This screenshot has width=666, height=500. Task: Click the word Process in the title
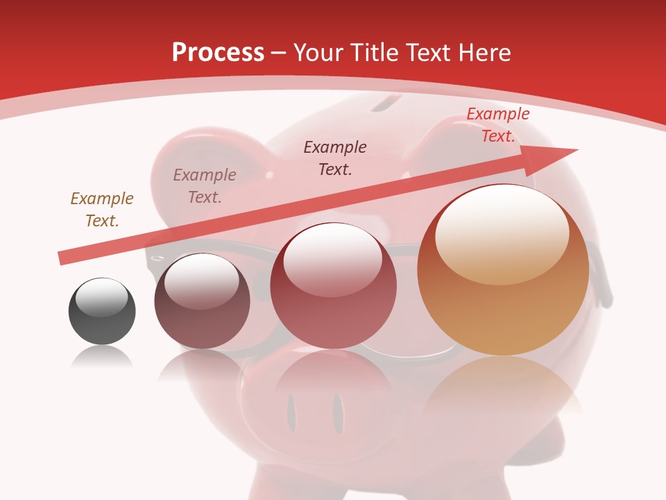pyautogui.click(x=218, y=52)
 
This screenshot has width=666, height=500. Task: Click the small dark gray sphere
pyautogui.click(x=102, y=311)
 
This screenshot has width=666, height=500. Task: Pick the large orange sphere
pyautogui.click(x=503, y=270)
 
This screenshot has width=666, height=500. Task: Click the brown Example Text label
pyautogui.click(x=102, y=210)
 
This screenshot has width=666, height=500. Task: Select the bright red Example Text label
pyautogui.click(x=497, y=125)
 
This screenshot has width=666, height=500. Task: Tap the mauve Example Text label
pyautogui.click(x=205, y=186)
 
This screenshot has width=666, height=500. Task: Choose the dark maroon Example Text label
pyautogui.click(x=335, y=158)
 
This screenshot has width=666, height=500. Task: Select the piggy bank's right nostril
pyautogui.click(x=338, y=412)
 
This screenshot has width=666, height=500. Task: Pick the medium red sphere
pyautogui.click(x=333, y=286)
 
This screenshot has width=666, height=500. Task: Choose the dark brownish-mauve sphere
pyautogui.click(x=202, y=301)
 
